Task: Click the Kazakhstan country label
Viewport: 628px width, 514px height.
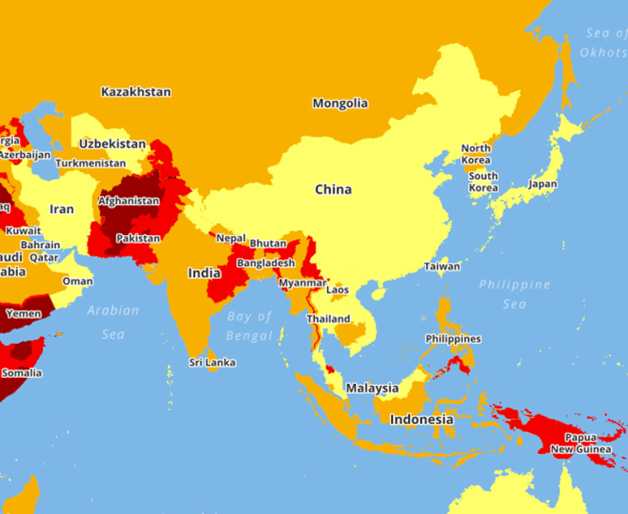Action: (135, 92)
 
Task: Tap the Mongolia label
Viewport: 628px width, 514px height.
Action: (340, 103)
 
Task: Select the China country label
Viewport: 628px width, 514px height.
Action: (333, 189)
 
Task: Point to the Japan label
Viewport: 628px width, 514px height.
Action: (542, 184)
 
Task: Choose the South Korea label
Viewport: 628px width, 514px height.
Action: (483, 182)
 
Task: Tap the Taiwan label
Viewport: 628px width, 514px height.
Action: (441, 266)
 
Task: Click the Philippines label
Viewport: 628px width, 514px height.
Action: (453, 339)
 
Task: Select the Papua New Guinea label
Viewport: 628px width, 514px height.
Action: (581, 443)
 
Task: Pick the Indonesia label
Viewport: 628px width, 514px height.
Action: (422, 420)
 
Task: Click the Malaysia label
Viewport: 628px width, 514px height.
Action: (372, 388)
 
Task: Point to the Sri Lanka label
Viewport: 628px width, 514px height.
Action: (212, 363)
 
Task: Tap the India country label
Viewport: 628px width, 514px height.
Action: (204, 274)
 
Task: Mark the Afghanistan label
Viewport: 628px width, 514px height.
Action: (128, 201)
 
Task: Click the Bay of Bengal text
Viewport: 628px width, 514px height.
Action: (250, 326)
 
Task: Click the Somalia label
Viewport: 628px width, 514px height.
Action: (21, 373)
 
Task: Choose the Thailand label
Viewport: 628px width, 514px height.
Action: (329, 319)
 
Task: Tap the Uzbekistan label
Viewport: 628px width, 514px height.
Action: (112, 144)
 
